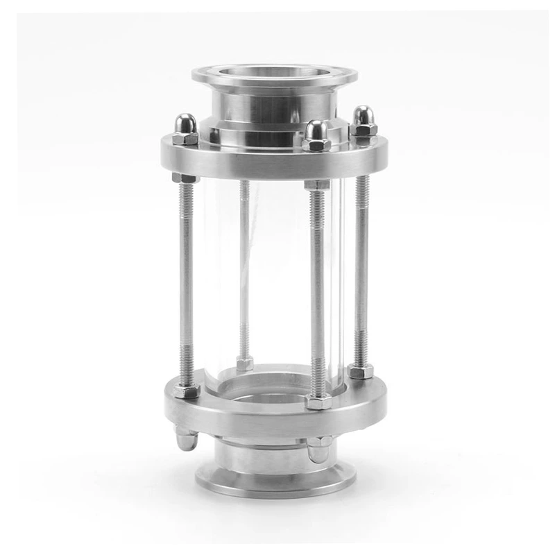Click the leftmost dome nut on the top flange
click(x=185, y=129)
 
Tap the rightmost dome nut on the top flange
click(x=363, y=121)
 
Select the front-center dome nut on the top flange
click(x=316, y=136)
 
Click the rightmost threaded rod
click(x=361, y=271)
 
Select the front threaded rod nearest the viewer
click(x=317, y=291)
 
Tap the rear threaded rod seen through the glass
click(x=244, y=271)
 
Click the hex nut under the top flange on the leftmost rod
click(x=185, y=178)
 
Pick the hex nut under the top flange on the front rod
click(x=316, y=185)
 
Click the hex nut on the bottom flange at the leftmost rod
click(x=187, y=391)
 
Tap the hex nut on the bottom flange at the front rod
click(x=318, y=402)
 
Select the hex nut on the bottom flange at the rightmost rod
click(x=361, y=371)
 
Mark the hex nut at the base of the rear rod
click(x=244, y=363)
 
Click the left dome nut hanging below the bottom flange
click(x=186, y=439)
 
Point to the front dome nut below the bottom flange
click(x=318, y=450)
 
